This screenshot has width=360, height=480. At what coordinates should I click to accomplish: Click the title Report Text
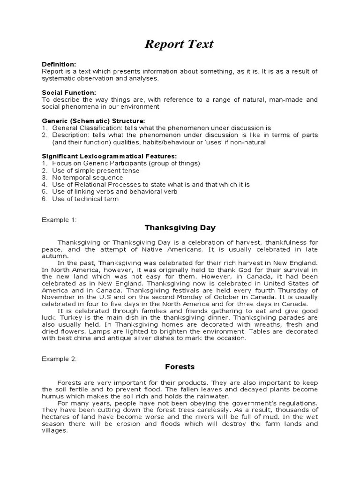179,44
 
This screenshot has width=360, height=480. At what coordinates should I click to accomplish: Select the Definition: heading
59,64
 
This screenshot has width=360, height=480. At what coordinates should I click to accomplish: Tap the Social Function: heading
69,93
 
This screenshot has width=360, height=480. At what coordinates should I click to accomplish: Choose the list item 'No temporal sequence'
87,178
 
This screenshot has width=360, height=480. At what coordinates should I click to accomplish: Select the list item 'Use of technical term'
85,199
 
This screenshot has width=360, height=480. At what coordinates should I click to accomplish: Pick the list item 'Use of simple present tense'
96,171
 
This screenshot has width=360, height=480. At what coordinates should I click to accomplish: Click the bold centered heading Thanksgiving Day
180,228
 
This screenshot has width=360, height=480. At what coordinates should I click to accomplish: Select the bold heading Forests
180,367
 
